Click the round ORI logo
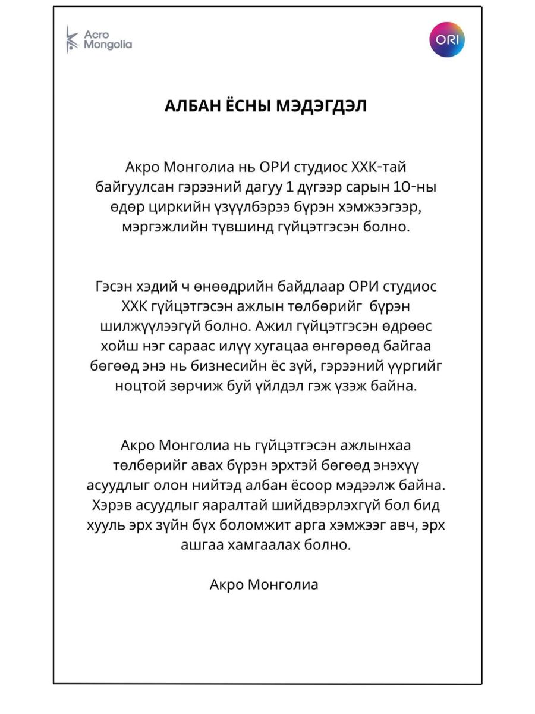[447, 40]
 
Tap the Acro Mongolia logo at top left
[99, 40]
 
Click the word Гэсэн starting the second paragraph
[117, 286]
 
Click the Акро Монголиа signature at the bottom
[264, 584]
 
